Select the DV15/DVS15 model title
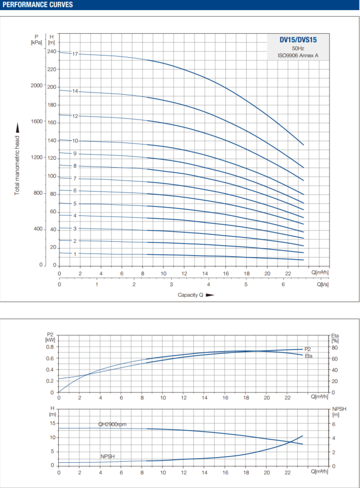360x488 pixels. [x=298, y=40]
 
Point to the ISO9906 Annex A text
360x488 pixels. [x=298, y=56]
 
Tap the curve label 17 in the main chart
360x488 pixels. [x=75, y=54]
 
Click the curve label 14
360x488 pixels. [x=75, y=91]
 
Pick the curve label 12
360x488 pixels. [x=75, y=116]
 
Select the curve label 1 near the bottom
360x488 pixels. [x=75, y=254]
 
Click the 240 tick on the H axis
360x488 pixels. [x=52, y=52]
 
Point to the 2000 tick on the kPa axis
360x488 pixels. [x=36, y=85]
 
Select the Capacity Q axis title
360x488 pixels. [x=190, y=294]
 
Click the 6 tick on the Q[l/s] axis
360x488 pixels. [x=283, y=284]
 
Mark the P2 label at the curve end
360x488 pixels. [x=307, y=349]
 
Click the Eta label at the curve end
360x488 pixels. [x=308, y=356]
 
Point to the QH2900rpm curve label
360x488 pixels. [x=113, y=424]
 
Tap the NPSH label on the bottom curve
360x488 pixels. [x=108, y=457]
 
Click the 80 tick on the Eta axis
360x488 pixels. [x=335, y=347]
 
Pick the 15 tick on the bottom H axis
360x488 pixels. [x=52, y=423]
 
